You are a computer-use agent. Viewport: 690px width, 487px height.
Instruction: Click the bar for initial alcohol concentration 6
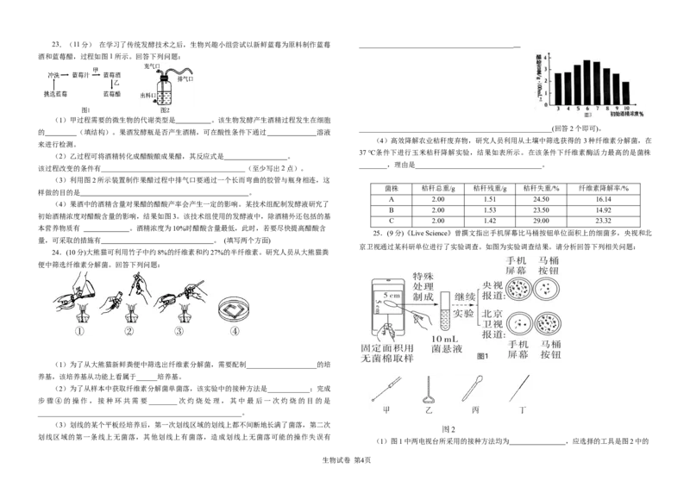[586, 82]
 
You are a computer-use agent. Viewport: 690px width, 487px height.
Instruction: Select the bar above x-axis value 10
[625, 92]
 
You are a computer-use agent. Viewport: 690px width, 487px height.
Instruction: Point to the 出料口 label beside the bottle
[148, 95]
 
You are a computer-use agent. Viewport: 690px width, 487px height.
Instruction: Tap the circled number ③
[180, 328]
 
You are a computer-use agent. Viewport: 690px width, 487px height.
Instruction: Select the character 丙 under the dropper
[475, 413]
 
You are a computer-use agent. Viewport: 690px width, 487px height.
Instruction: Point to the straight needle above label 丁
[521, 393]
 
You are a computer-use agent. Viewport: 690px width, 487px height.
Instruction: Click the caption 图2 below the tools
[448, 428]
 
